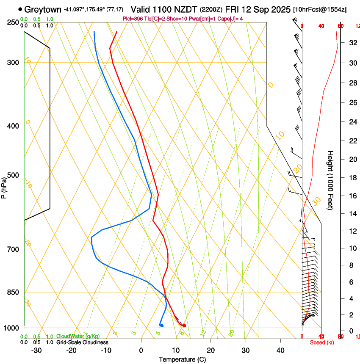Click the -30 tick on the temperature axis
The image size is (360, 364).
coord(36,350)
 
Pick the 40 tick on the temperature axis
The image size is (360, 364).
coord(280,350)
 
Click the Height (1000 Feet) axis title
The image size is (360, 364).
coord(330,180)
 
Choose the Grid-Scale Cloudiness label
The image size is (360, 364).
coord(82,342)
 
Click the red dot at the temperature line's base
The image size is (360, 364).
coord(184,325)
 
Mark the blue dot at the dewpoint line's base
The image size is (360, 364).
coord(162,325)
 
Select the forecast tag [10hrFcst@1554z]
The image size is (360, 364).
coord(319,9)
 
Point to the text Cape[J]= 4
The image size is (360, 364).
coord(230,19)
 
